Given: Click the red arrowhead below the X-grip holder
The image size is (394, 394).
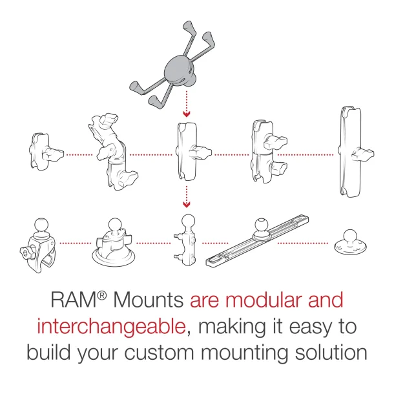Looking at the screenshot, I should coord(187,115).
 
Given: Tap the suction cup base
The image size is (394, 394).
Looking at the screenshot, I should coord(112,246).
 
